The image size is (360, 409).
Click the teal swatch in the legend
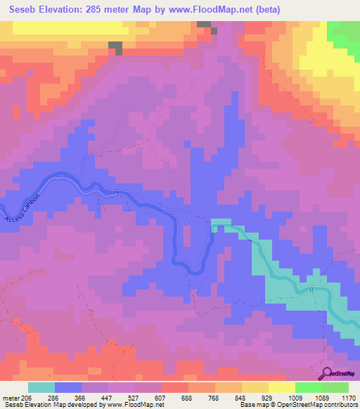(41, 387)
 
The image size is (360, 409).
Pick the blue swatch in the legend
(68, 387)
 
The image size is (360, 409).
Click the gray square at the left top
(115, 48)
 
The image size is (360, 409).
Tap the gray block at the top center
(205, 25)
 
